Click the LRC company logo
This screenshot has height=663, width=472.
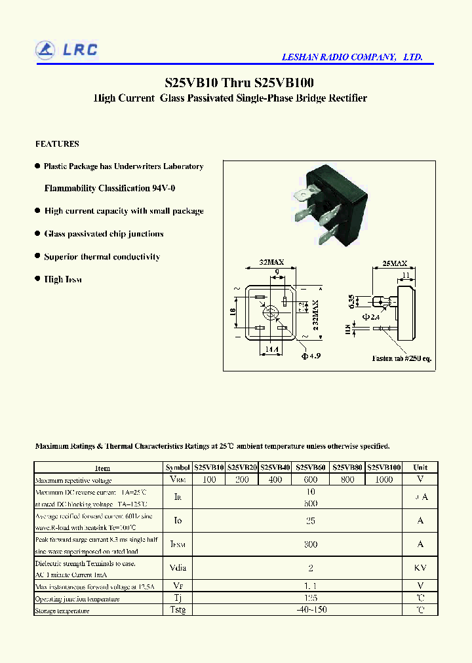(66, 50)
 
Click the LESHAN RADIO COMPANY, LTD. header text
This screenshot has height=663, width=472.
(351, 58)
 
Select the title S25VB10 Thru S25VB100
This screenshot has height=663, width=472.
(239, 83)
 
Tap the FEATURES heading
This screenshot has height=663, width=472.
(57, 144)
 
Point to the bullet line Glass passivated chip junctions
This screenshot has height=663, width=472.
(104, 234)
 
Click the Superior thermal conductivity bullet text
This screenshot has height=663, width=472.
(102, 257)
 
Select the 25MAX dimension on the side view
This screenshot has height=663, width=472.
(395, 263)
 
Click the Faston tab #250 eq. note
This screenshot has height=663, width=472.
(401, 358)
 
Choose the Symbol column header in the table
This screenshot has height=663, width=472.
(178, 468)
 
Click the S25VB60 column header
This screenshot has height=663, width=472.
(311, 468)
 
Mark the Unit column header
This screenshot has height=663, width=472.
(420, 468)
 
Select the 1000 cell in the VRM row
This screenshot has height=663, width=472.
(383, 480)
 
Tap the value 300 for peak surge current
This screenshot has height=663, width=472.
(311, 544)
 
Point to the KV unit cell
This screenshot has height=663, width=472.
(420, 568)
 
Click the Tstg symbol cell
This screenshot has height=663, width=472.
(178, 610)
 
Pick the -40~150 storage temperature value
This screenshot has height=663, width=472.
(311, 610)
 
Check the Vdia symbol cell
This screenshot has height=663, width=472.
(178, 568)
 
